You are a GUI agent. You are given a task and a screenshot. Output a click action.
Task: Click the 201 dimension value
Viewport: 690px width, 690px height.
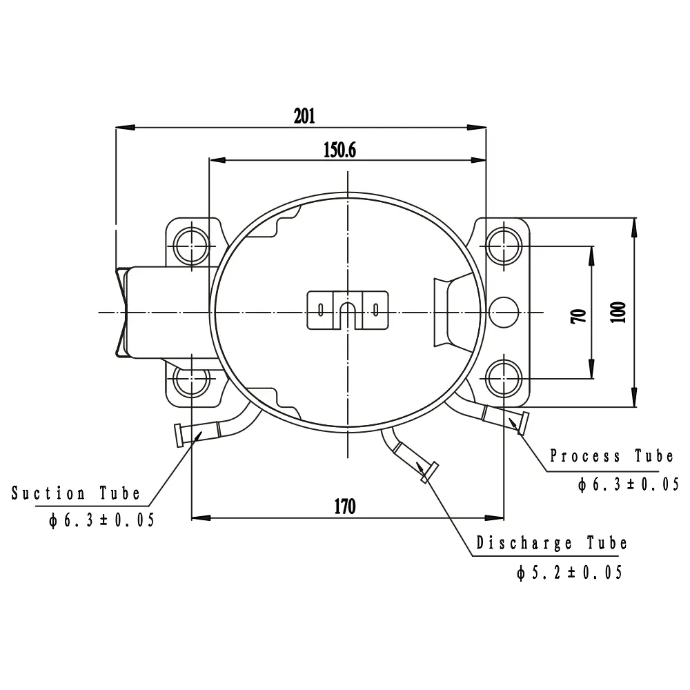click(304, 116)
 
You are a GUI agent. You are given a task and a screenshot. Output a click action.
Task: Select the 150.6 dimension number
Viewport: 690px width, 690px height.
click(339, 150)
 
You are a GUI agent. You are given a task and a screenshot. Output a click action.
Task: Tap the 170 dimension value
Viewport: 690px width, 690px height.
click(345, 506)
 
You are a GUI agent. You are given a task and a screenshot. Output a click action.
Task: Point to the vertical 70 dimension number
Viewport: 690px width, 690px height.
click(579, 317)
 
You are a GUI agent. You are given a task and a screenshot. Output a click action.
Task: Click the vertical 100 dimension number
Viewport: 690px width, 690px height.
click(618, 313)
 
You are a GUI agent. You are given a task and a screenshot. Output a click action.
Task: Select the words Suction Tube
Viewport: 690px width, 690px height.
click(76, 493)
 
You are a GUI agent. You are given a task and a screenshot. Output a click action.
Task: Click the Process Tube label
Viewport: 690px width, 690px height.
click(611, 455)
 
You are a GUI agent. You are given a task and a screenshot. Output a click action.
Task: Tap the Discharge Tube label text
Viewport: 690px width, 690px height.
click(551, 542)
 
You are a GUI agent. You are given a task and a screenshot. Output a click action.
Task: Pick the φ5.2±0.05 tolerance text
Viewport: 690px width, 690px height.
click(569, 573)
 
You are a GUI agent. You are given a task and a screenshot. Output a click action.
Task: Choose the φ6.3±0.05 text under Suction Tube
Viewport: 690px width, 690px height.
click(101, 520)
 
